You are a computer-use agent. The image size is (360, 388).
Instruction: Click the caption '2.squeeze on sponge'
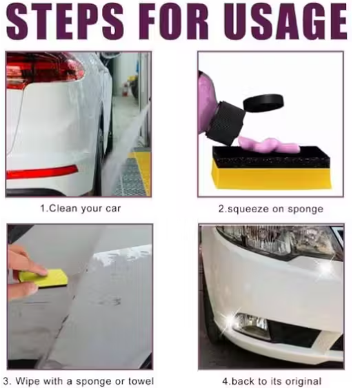coord(270,206)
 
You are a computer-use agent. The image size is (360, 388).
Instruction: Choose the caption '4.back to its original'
coord(271,380)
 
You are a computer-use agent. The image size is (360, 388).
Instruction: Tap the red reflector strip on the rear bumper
coord(41,172)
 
